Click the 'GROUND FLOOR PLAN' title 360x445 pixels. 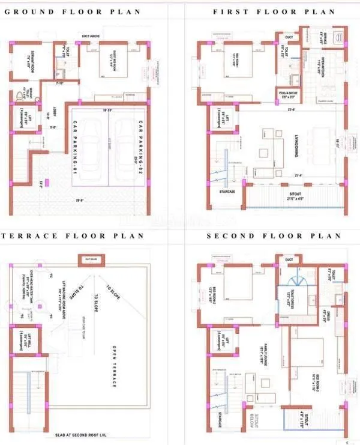point(73,12)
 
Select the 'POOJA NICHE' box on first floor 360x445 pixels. point(289,95)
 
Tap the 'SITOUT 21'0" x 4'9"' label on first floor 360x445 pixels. point(295,197)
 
